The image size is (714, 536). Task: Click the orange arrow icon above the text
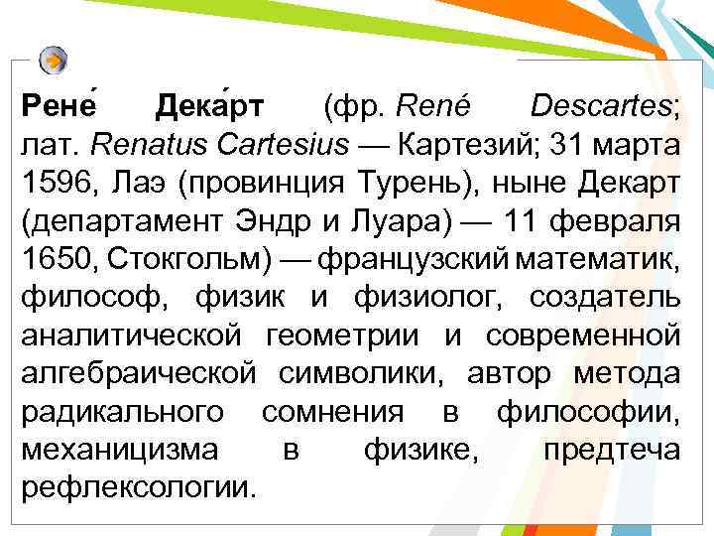[x=55, y=61]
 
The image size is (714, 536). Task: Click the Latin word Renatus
[x=135, y=144]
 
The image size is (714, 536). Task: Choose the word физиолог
[x=437, y=297]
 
